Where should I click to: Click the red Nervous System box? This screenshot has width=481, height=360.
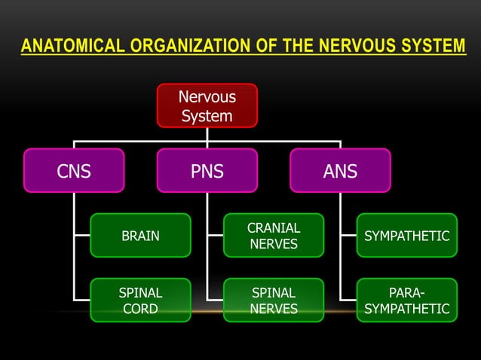(207, 105)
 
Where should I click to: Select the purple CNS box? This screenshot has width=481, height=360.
(74, 171)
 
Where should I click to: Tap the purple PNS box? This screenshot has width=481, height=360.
(207, 171)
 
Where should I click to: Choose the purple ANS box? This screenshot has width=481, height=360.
(340, 171)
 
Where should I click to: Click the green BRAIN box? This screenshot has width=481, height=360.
(140, 236)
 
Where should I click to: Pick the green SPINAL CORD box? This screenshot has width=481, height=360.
(140, 300)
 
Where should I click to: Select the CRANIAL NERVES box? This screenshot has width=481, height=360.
(274, 236)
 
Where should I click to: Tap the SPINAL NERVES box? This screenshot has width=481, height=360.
(274, 300)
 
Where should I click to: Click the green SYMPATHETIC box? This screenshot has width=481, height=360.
(407, 236)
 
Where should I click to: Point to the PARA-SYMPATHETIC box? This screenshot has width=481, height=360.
(407, 300)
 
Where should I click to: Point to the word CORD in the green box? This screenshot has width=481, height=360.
(140, 309)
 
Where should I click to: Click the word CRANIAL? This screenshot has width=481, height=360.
(274, 227)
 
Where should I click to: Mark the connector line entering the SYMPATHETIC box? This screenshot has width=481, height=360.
(348, 236)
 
